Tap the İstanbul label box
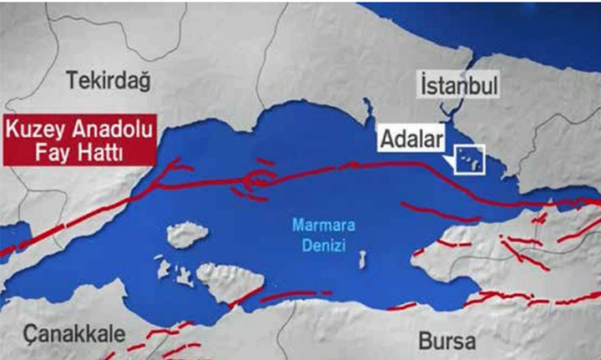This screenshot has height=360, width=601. (x=459, y=85)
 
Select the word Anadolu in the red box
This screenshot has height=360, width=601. (x=110, y=130)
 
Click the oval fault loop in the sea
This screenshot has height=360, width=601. (x=261, y=179)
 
